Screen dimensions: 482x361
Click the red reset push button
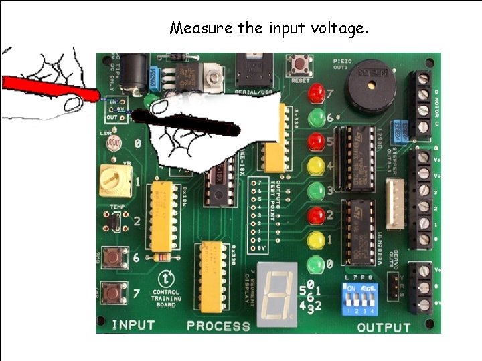(298, 65)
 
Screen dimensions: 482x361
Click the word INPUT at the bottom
(133, 326)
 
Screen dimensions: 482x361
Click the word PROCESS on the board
(218, 326)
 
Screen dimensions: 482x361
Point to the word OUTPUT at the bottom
(384, 327)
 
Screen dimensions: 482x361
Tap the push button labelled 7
(112, 292)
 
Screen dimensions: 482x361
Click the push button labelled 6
(114, 257)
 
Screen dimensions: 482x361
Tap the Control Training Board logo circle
(164, 277)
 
